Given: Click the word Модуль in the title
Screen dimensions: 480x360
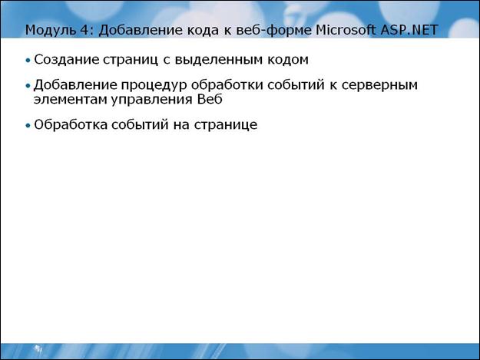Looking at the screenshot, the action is point(51,30).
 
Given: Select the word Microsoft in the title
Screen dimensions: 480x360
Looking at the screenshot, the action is point(346,30).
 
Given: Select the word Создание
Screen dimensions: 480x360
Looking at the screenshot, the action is point(66,59).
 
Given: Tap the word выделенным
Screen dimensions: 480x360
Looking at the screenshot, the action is point(219,60).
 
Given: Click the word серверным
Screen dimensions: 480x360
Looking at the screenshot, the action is point(379,85).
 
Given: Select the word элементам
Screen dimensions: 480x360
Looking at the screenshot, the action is point(70,100).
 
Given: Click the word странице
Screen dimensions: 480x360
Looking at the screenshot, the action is point(226,125).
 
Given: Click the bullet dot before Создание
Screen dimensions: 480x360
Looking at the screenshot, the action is point(28,60).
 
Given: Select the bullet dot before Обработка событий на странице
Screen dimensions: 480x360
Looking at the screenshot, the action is point(28,125).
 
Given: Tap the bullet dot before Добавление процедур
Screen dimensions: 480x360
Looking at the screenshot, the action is point(28,86).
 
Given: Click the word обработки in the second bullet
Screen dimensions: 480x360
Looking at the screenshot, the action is point(227,85).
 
